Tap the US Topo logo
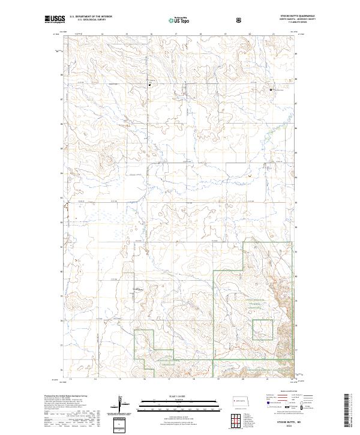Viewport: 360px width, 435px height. pos(180,20)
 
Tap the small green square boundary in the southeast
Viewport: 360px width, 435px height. pos(262,329)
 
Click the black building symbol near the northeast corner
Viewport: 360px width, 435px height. pos(271,90)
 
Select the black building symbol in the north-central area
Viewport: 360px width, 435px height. pos(150,85)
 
